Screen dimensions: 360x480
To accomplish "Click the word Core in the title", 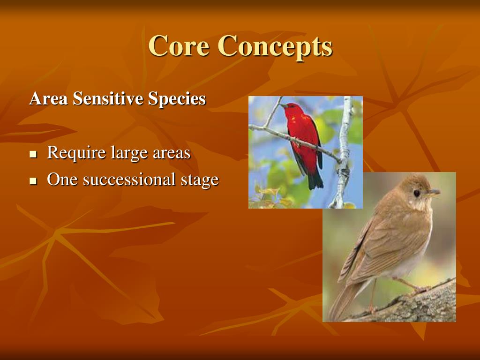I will coord(179,46).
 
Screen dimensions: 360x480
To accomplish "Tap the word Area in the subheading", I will coord(43,99).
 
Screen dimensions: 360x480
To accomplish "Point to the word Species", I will coord(177,99).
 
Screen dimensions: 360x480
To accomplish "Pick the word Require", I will coord(76,153).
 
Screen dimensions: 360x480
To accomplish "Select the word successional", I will coord(127,180).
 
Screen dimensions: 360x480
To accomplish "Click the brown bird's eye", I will coord(416,193).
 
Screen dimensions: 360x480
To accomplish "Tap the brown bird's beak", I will coord(434,192).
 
